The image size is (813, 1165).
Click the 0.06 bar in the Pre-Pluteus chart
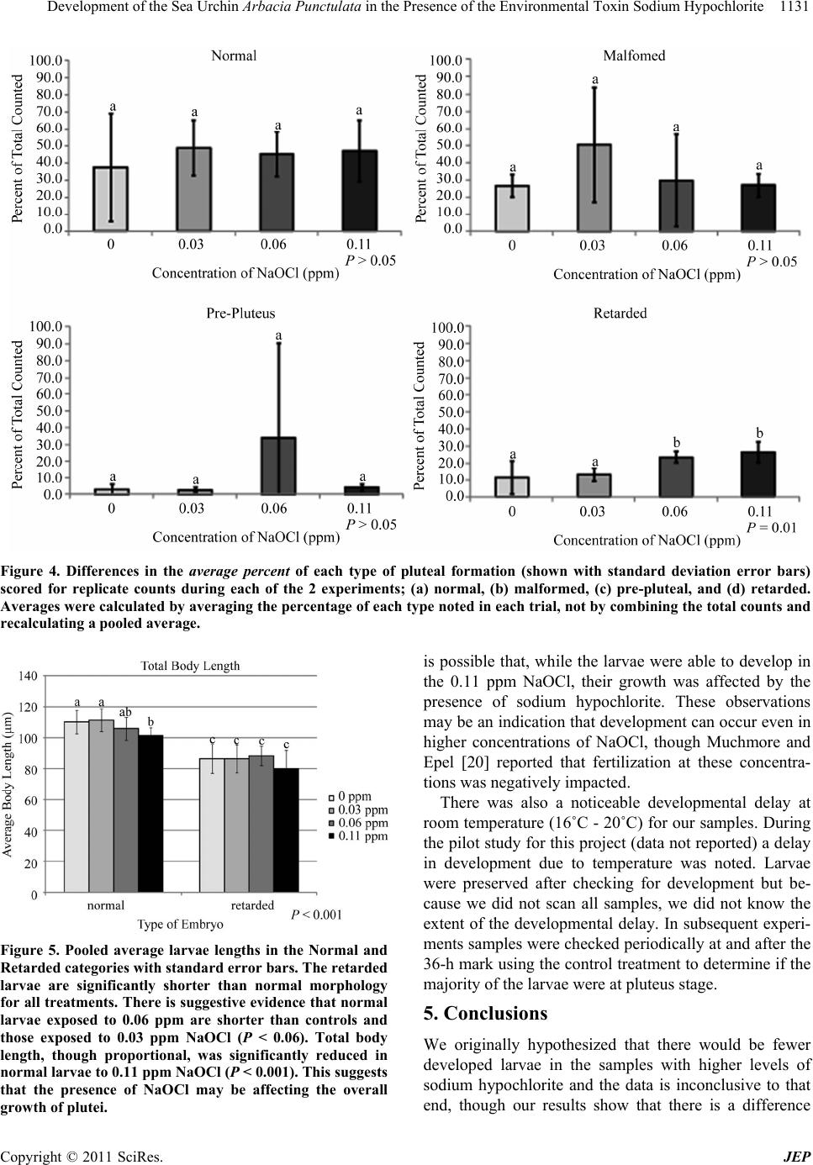pyautogui.click(x=279, y=466)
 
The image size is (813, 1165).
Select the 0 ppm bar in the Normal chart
pyautogui.click(x=111, y=198)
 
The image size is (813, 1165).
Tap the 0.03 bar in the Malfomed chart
pyautogui.click(x=594, y=187)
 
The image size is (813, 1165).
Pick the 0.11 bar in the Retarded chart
pyautogui.click(x=758, y=474)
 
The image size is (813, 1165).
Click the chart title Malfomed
pyautogui.click(x=634, y=55)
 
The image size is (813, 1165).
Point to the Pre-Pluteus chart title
pyautogui.click(x=240, y=313)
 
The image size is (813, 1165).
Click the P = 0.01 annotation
pyautogui.click(x=771, y=527)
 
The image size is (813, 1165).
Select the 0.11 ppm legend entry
pyautogui.click(x=358, y=836)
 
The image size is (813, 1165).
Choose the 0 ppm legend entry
pyautogui.click(x=350, y=796)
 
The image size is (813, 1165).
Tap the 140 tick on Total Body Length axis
pyautogui.click(x=28, y=676)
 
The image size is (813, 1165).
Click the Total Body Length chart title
pyautogui.click(x=190, y=666)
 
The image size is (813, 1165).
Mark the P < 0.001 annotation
pyautogui.click(x=316, y=915)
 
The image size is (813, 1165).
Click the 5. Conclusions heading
pyautogui.click(x=485, y=1013)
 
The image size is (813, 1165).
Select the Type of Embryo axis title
pyautogui.click(x=180, y=925)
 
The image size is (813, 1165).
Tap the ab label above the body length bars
pyautogui.click(x=125, y=712)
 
